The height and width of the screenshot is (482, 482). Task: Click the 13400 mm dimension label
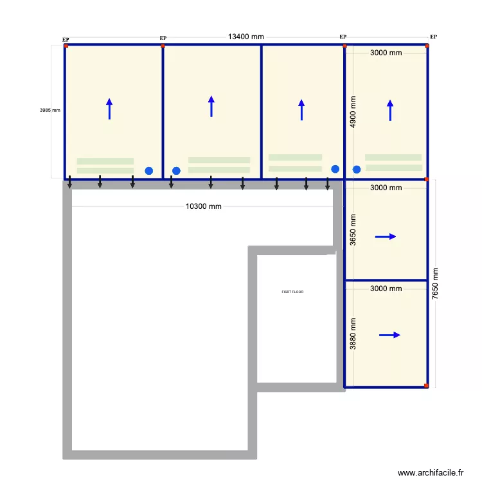click(245, 37)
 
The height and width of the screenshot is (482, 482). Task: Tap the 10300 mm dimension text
click(203, 207)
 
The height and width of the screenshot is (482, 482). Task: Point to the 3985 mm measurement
click(49, 110)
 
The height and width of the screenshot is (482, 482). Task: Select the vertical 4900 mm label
click(353, 111)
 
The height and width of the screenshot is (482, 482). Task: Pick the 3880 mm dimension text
click(353, 334)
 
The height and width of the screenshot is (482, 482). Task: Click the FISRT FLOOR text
click(292, 292)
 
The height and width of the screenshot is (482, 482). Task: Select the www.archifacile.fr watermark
click(431, 472)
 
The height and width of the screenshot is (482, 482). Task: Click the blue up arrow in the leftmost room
click(109, 109)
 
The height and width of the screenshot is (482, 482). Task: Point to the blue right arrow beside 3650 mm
click(386, 237)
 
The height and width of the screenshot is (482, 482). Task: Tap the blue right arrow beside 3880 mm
click(389, 335)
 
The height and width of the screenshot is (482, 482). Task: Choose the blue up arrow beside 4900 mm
click(389, 110)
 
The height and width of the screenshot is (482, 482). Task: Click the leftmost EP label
click(66, 40)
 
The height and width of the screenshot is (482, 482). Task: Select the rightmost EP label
click(433, 37)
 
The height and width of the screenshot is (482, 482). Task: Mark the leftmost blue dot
click(149, 171)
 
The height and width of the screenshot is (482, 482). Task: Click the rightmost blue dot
click(357, 170)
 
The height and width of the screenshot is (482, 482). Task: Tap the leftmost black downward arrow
click(70, 184)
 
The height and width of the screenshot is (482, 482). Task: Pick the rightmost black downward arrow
click(328, 184)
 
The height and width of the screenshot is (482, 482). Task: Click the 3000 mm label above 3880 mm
click(386, 289)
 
